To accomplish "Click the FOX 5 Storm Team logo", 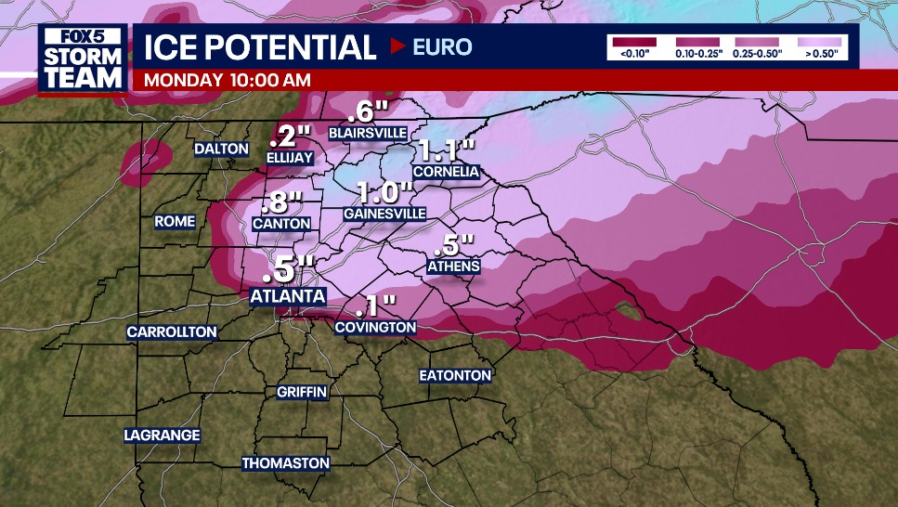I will coord(83,59).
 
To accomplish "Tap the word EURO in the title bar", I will coord(444,47).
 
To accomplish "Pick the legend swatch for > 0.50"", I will coord(820,42).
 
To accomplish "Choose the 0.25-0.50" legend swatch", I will coord(757,42).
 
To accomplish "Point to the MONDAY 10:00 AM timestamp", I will coord(228,80).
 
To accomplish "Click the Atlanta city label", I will coord(288,296).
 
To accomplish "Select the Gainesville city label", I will coord(384,214).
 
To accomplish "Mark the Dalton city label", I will coord(221,149).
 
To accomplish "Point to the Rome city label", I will coord(176,221).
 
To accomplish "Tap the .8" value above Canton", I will coord(282,201).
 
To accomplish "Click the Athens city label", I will coord(454,266).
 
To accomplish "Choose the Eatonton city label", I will coord(454,375).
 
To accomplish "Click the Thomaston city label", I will coord(286,462).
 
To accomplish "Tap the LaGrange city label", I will coord(163,435).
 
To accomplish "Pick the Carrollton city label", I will coord(172,331).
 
